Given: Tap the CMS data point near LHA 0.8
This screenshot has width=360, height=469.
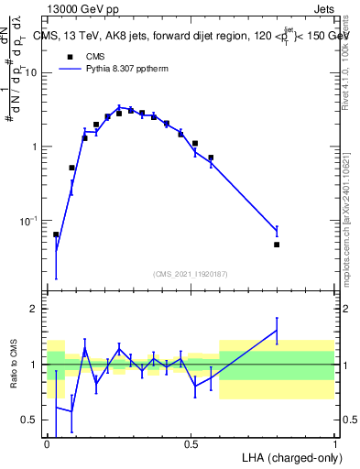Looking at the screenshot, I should (277, 245).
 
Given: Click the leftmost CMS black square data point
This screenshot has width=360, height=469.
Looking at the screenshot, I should (56, 234).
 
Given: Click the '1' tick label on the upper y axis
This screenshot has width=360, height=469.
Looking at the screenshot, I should (35, 147).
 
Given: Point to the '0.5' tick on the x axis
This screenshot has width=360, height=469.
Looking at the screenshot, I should (191, 443).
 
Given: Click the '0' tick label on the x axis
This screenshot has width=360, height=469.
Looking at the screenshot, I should (47, 443).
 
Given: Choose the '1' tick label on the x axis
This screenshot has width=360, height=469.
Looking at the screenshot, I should (334, 443).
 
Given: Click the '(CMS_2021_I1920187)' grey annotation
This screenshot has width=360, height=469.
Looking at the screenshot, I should (191, 274).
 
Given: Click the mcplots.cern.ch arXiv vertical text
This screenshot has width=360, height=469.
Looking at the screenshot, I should (349, 211).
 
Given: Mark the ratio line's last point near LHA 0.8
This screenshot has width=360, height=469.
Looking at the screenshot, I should (277, 330).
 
